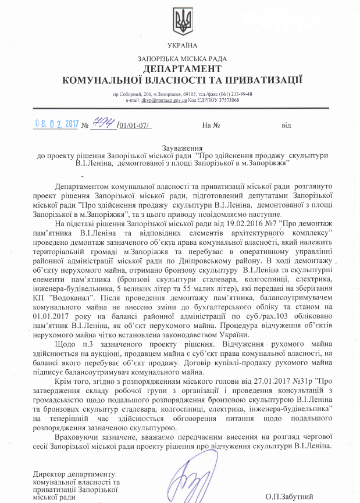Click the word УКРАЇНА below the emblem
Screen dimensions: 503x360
coord(182,45)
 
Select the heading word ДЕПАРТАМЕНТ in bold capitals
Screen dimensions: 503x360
coord(182,69)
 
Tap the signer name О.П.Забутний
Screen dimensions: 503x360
coord(289,496)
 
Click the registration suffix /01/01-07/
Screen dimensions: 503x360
coord(134,125)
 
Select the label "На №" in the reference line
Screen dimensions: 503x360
coord(211,125)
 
